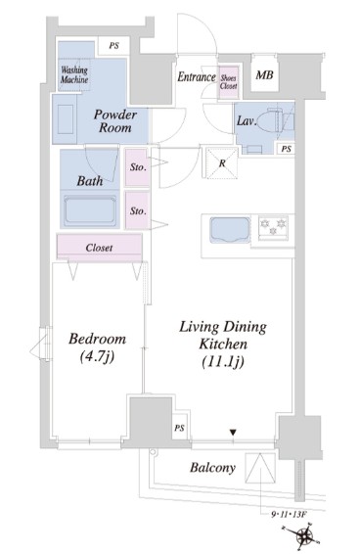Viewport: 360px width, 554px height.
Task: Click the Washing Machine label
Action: pyautogui.click(x=74, y=74)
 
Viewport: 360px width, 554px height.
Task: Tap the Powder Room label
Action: pyautogui.click(x=115, y=121)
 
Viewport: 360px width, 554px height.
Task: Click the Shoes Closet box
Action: pyautogui.click(x=229, y=81)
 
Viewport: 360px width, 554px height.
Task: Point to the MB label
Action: pyautogui.click(x=264, y=75)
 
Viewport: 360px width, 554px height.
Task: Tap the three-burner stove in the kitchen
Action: pyautogui.click(x=273, y=226)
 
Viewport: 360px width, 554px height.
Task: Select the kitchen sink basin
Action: pyautogui.click(x=230, y=230)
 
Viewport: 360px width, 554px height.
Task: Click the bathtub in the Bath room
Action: pyautogui.click(x=90, y=211)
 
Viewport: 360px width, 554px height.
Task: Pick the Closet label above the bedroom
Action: pyautogui.click(x=99, y=248)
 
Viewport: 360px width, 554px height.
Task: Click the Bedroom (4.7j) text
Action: pyautogui.click(x=97, y=347)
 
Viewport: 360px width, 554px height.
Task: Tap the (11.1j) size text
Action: pyautogui.click(x=223, y=362)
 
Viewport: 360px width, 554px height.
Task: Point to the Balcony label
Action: pyautogui.click(x=212, y=468)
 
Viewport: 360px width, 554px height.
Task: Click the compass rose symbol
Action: pyautogui.click(x=304, y=536)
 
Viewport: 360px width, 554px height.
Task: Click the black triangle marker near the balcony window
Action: pyautogui.click(x=233, y=432)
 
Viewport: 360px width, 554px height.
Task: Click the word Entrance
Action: pyautogui.click(x=197, y=76)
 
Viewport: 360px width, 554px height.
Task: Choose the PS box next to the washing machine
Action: pyautogui.click(x=113, y=46)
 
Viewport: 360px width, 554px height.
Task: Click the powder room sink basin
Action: pyautogui.click(x=66, y=119)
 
